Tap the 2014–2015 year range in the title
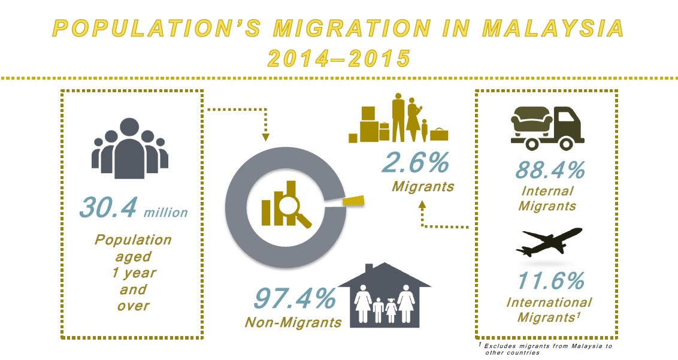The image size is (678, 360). (x=339, y=59)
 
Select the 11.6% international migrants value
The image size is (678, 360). (x=550, y=281)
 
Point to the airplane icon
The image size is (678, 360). (x=548, y=241)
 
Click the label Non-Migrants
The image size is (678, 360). (x=293, y=322)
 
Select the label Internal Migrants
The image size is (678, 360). (x=547, y=198)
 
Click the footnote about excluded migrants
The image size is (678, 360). (x=546, y=349)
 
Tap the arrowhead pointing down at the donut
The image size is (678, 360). (x=266, y=137)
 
